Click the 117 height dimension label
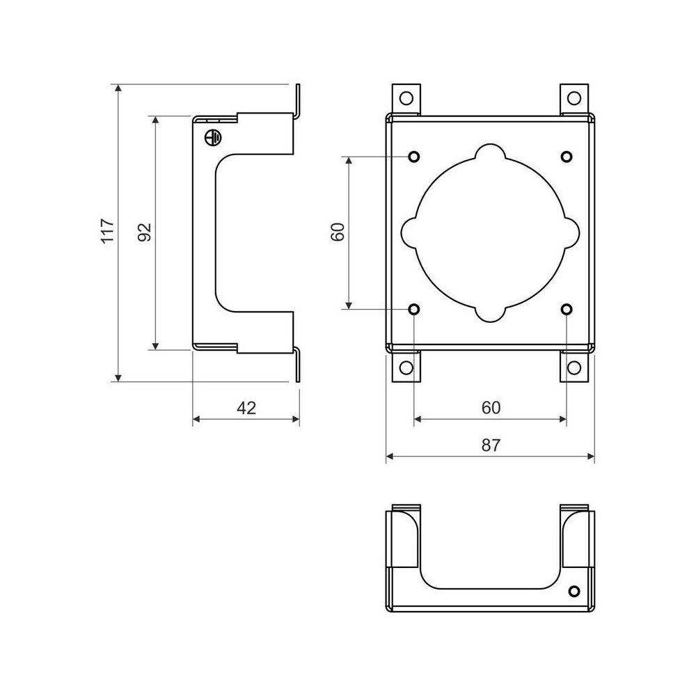coord(106,231)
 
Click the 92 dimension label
coord(145,232)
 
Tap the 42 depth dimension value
coord(246,408)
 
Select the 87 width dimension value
coord(491,445)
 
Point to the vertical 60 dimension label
coord(338,232)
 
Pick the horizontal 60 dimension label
coord(491,408)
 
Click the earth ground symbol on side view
coord(213,138)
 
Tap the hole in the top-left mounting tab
coord(407,97)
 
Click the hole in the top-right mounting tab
coord(574,97)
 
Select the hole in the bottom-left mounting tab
coord(407,367)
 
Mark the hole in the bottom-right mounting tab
coord(574,367)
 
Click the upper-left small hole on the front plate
coord(414,157)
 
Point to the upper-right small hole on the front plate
coord(567,157)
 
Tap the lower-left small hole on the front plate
coord(414,309)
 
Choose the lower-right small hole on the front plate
coord(567,309)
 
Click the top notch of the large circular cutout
coord(491,153)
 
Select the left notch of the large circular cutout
coord(411,232)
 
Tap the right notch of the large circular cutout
coord(570,232)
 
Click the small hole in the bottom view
coord(574,592)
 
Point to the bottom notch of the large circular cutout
coord(491,313)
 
